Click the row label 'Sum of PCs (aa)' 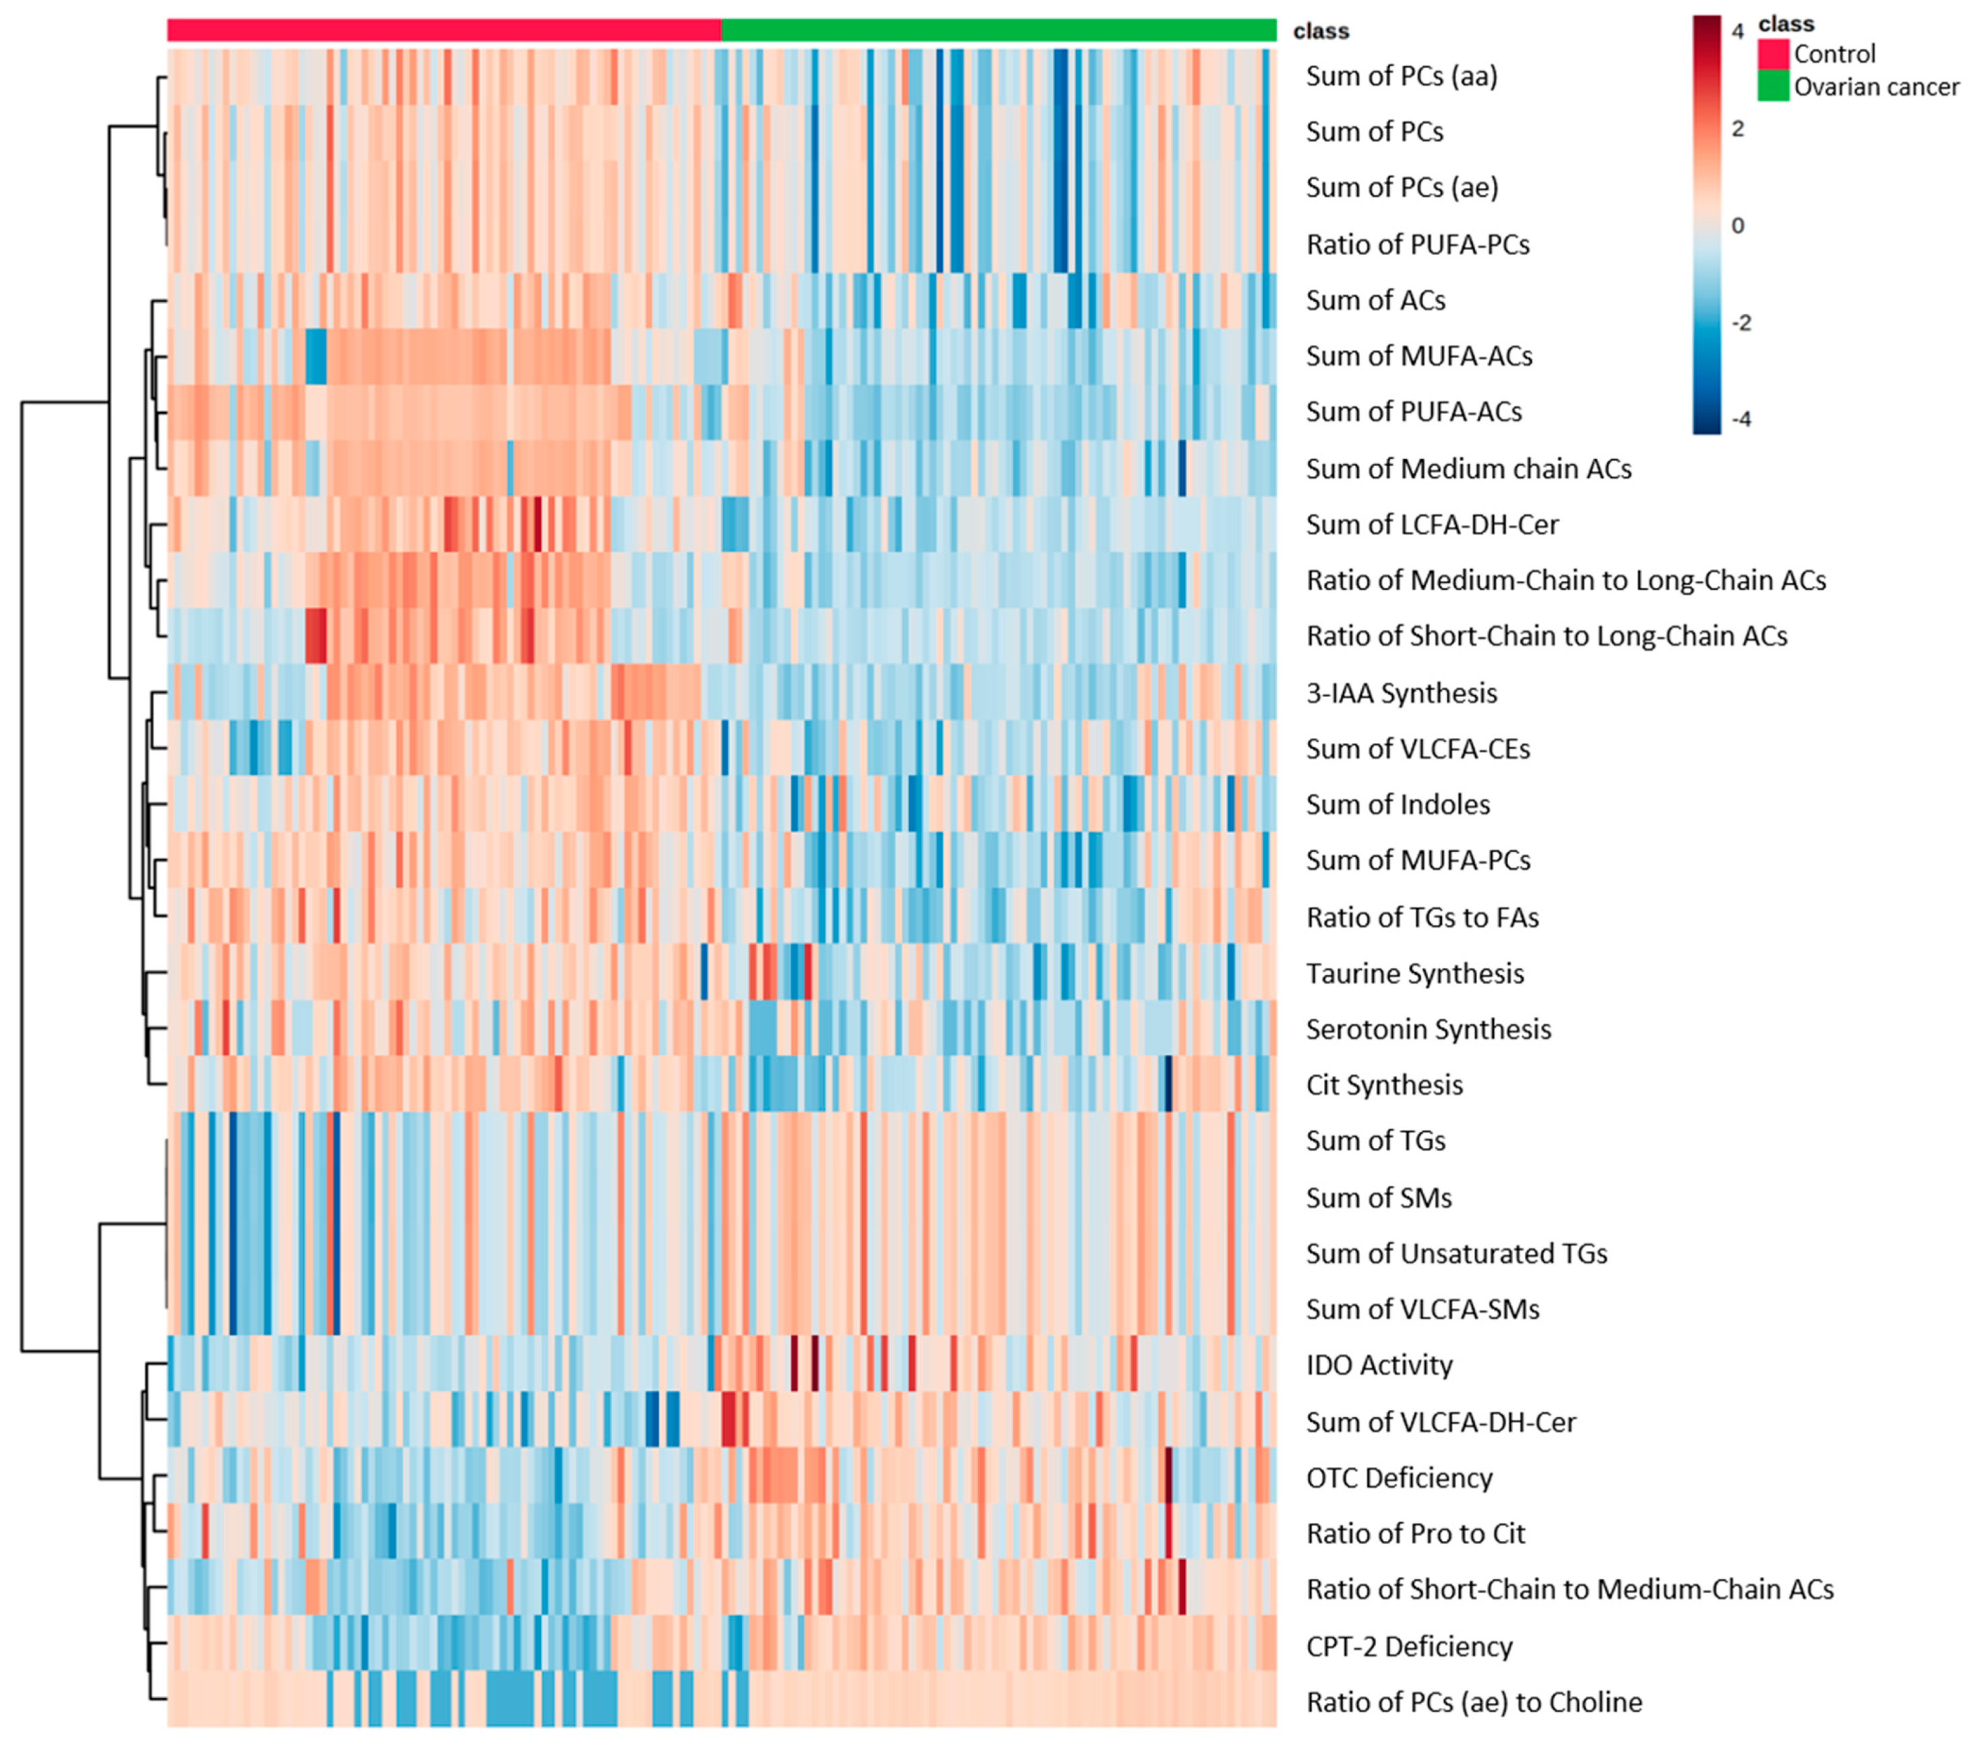coord(1401,76)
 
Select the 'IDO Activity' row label coord(1379,1365)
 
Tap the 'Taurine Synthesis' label coord(1414,973)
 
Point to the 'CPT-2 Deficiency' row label coord(1409,1646)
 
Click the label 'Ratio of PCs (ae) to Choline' coord(1473,1702)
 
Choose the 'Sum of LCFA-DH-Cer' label coord(1432,524)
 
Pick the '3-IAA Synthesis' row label coord(1401,693)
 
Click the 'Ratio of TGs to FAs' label coord(1423,917)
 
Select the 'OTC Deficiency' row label coord(1399,1478)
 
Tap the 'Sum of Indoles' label coord(1398,805)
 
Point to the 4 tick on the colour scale coord(1737,32)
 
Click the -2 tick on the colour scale coord(1740,322)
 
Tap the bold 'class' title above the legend coord(1786,23)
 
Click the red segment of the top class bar coord(443,30)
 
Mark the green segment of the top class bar coord(998,30)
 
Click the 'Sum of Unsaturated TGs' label coord(1456,1253)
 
